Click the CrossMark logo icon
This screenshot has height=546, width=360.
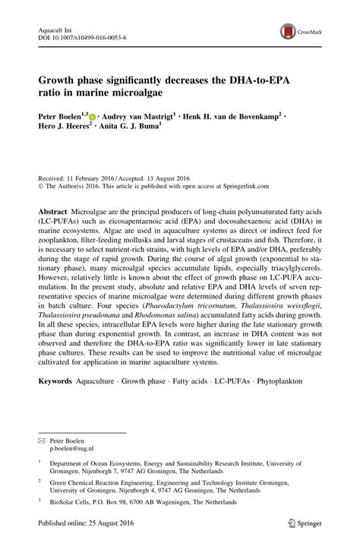pos(289,30)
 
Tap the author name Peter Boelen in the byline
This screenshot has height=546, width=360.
pos(60,118)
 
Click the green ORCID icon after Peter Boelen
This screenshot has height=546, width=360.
pos(93,118)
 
